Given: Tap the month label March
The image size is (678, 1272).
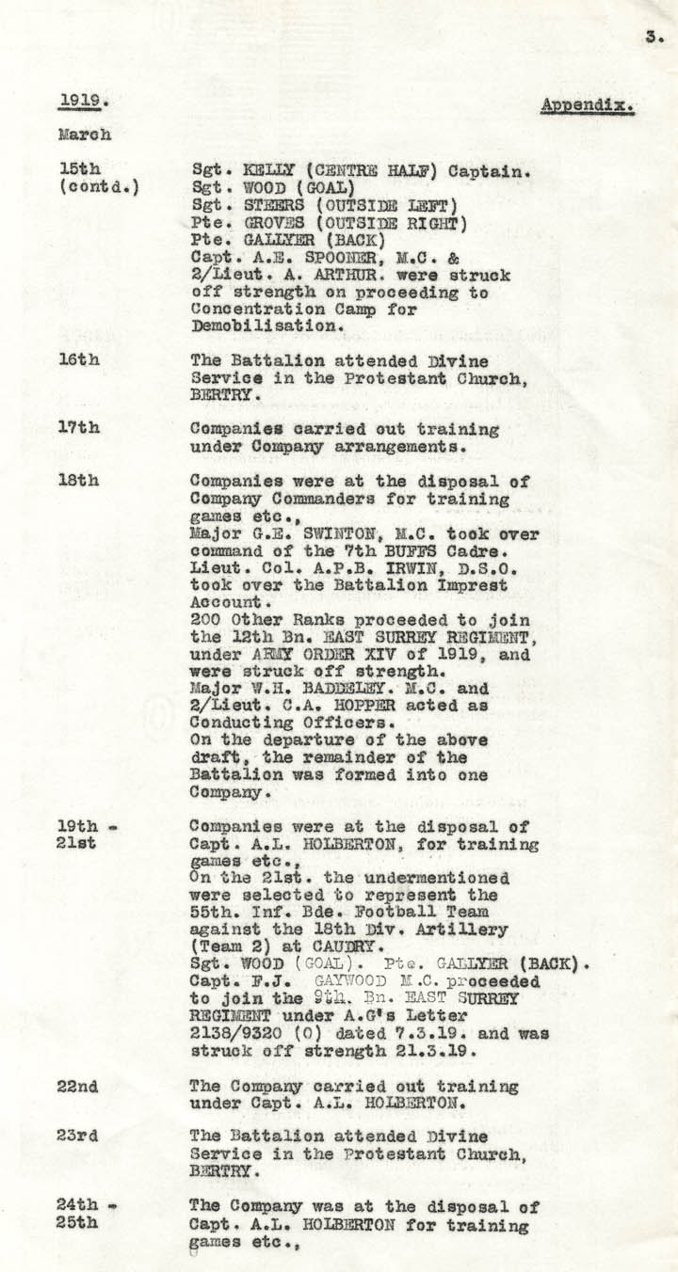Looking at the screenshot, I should [85, 135].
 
